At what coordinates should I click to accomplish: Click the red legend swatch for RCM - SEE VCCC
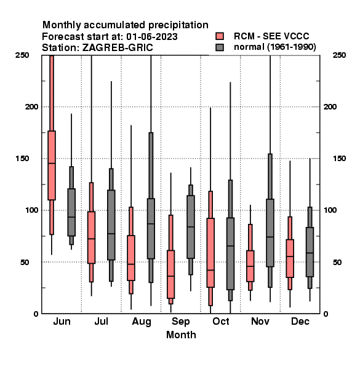pyautogui.click(x=220, y=36)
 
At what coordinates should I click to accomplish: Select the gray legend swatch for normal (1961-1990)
pyautogui.click(x=220, y=47)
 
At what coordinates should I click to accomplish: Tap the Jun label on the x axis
pyautogui.click(x=62, y=322)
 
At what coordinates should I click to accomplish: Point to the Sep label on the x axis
pyautogui.click(x=180, y=322)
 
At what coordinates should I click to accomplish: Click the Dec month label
pyautogui.click(x=300, y=322)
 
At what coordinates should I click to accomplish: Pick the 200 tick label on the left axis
pyautogui.click(x=31, y=107)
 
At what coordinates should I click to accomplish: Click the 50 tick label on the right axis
pyautogui.click(x=337, y=262)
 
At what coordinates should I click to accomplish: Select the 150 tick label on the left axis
pyautogui.click(x=22, y=159)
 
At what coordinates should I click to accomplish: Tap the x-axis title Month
pyautogui.click(x=181, y=335)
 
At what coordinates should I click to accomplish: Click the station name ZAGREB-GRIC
pyautogui.click(x=118, y=48)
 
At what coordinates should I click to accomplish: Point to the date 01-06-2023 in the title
pyautogui.click(x=152, y=37)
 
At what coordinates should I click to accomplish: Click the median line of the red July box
pyautogui.click(x=91, y=239)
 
